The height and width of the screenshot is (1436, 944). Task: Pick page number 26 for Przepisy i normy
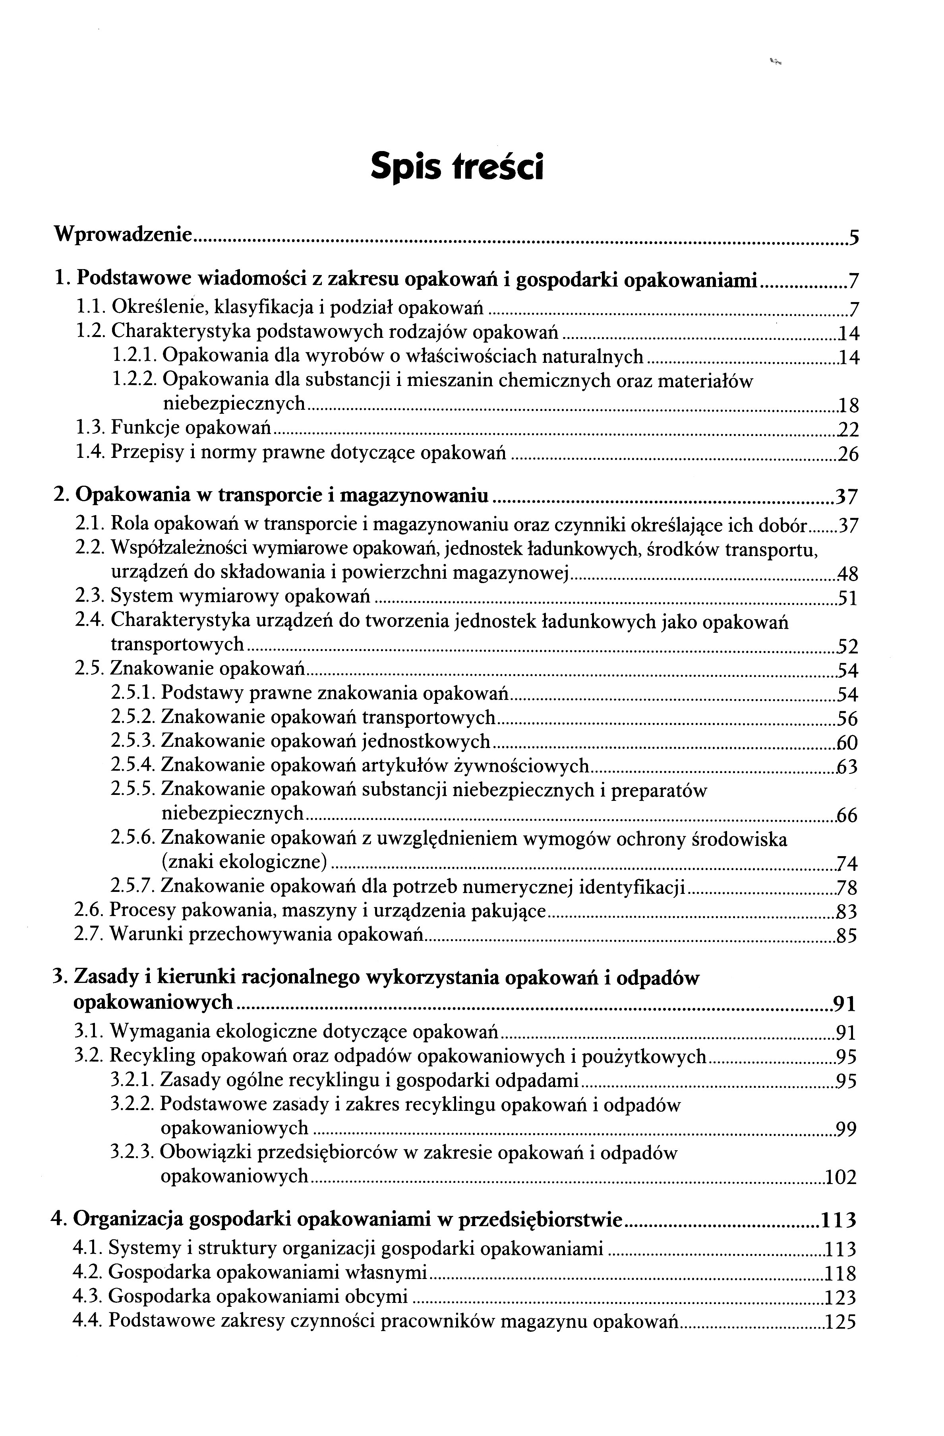click(848, 454)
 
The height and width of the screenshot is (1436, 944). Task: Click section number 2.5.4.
click(134, 765)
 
